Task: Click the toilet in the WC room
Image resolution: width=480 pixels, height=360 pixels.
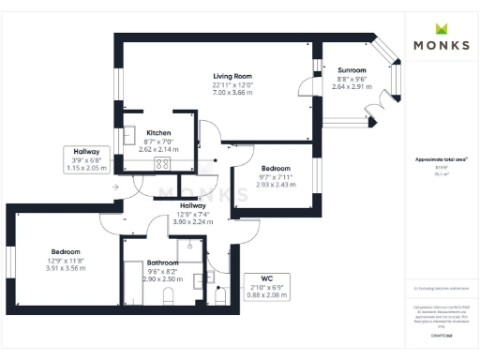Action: pyautogui.click(x=221, y=296)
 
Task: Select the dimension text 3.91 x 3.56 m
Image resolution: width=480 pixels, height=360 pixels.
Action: pyautogui.click(x=65, y=268)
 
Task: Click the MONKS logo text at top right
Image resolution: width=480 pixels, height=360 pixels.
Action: pyautogui.click(x=442, y=44)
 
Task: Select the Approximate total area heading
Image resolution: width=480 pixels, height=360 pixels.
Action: pyautogui.click(x=442, y=159)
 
